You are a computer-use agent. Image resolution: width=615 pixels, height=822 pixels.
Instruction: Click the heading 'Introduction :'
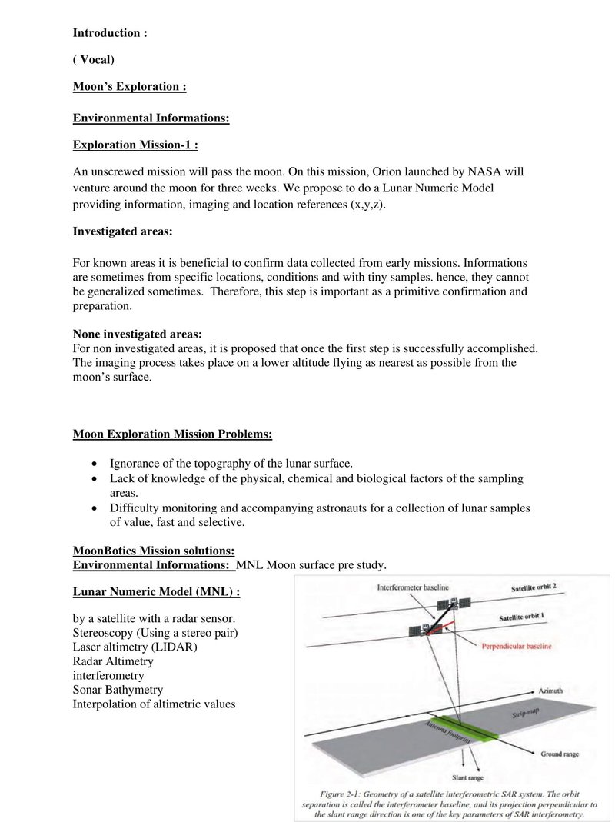(x=110, y=33)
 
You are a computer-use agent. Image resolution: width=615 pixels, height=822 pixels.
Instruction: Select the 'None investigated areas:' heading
(x=137, y=334)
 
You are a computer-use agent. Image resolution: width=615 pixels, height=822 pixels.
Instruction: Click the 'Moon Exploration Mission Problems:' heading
(x=172, y=434)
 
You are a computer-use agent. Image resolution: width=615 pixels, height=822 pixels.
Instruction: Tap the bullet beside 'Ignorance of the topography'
(x=94, y=464)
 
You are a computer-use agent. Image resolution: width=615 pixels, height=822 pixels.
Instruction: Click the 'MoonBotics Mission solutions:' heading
(x=154, y=551)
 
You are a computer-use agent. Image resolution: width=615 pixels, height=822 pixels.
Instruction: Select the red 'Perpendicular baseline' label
(x=516, y=646)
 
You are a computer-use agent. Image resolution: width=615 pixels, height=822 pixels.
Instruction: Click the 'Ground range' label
(x=560, y=754)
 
